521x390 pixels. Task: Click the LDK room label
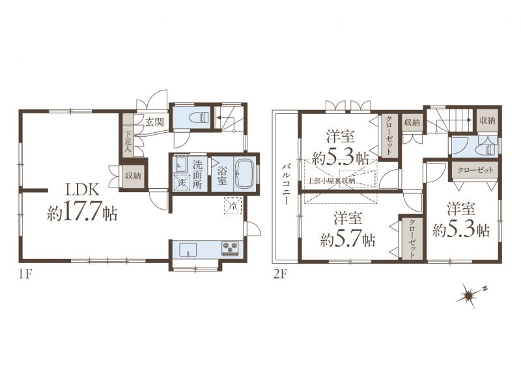pyautogui.click(x=83, y=190)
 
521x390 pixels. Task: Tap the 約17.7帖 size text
pyautogui.click(x=83, y=213)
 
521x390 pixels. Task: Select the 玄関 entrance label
pyautogui.click(x=154, y=122)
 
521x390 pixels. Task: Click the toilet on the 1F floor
pyautogui.click(x=199, y=117)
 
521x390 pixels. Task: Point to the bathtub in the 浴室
pyautogui.click(x=244, y=173)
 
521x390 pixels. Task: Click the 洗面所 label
pyautogui.click(x=197, y=174)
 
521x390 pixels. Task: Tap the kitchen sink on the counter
pyautogui.click(x=188, y=249)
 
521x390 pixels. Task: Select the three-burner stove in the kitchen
pyautogui.click(x=230, y=249)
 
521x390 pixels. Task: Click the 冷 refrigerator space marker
pyautogui.click(x=233, y=206)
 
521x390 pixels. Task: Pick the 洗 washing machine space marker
pyautogui.click(x=182, y=182)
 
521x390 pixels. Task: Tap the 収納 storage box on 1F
pyautogui.click(x=134, y=175)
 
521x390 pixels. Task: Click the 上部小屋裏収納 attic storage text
pyautogui.click(x=331, y=181)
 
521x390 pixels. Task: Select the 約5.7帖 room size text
pyautogui.click(x=348, y=240)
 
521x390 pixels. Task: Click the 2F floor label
pyautogui.click(x=279, y=275)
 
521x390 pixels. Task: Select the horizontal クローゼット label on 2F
pyautogui.click(x=475, y=171)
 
